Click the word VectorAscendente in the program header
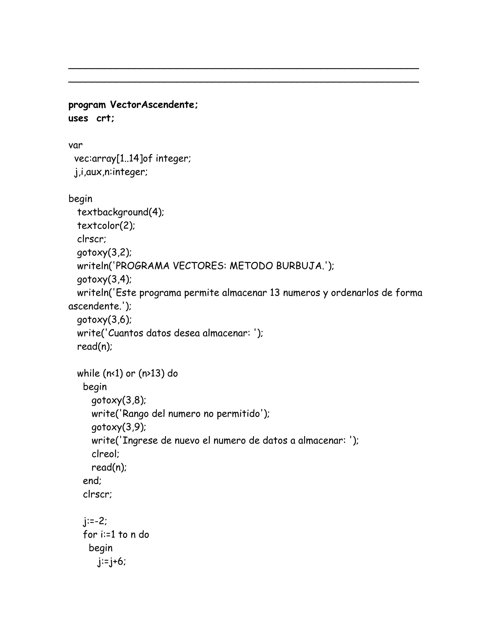pyautogui.click(x=154, y=105)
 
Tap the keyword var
pyautogui.click(x=75, y=145)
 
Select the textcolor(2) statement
pyautogui.click(x=106, y=225)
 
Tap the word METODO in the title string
pyautogui.click(x=251, y=266)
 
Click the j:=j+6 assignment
pyautogui.click(x=112, y=561)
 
